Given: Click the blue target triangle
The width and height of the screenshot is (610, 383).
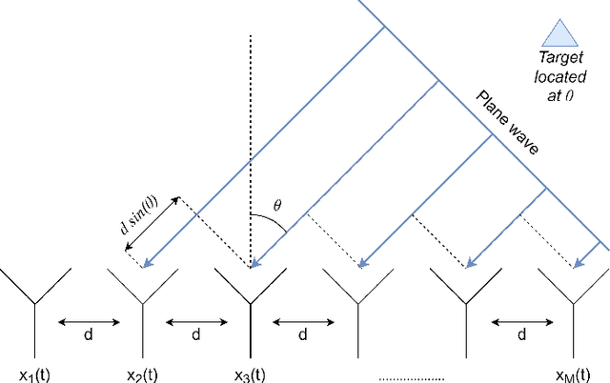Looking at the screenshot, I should pyautogui.click(x=559, y=35).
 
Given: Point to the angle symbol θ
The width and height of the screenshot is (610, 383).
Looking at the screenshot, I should pyautogui.click(x=278, y=205).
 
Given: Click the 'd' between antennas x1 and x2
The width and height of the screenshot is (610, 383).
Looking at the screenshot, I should pyautogui.click(x=88, y=335).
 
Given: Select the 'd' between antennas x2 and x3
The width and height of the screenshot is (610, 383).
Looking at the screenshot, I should pyautogui.click(x=195, y=335).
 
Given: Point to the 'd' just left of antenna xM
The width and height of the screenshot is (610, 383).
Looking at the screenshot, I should pyautogui.click(x=522, y=335).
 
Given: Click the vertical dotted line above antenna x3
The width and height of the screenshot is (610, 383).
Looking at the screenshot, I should pyautogui.click(x=250, y=143).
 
